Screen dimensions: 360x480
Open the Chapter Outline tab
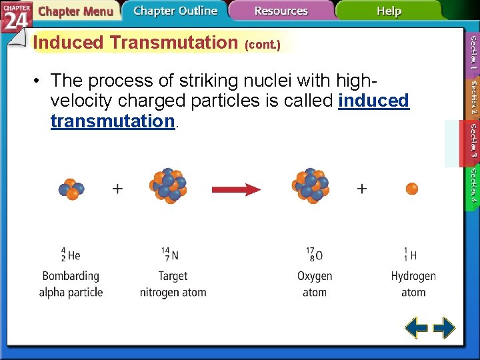tap(175, 11)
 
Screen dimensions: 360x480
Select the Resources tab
tap(281, 11)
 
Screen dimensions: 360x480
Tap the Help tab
tap(389, 11)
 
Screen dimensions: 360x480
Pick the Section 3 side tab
tap(472, 143)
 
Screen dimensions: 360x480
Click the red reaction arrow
tap(236, 189)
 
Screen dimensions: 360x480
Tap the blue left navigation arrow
tap(417, 328)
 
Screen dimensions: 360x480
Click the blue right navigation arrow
tap(444, 328)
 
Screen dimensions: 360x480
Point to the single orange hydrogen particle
tap(412, 189)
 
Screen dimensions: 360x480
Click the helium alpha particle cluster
tap(71, 189)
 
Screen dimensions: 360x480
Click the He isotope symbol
tap(71, 255)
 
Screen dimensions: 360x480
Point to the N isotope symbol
tap(170, 255)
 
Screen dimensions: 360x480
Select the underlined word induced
tap(373, 101)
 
